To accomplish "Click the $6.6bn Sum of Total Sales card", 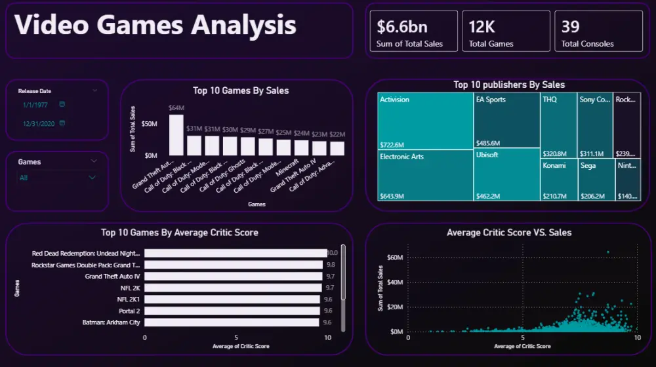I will tap(413, 31).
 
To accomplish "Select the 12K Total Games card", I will tap(506, 31).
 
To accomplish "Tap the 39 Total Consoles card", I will tap(598, 31).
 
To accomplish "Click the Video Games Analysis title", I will tap(155, 26).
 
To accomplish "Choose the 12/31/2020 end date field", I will tap(39, 124).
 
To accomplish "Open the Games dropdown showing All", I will tap(57, 178).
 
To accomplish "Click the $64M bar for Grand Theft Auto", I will tap(176, 135).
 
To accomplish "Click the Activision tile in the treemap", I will tap(425, 121).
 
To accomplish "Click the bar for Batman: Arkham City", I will tap(232, 322).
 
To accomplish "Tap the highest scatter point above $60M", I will tap(608, 252).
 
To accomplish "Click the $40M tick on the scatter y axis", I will tap(394, 282).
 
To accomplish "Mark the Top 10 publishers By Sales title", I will tap(509, 85).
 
